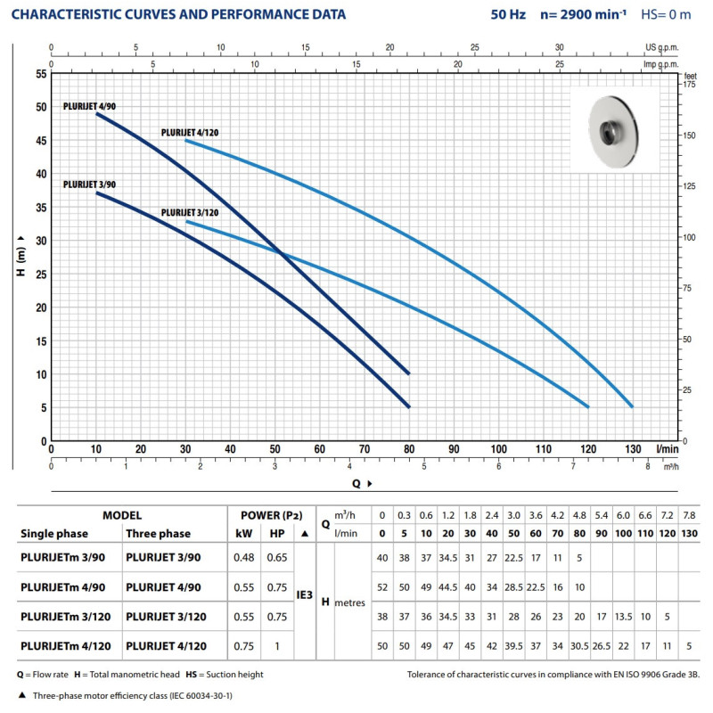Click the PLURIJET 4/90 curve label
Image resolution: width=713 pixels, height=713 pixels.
pos(89,106)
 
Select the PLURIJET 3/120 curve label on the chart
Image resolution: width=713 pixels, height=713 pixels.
pos(189,213)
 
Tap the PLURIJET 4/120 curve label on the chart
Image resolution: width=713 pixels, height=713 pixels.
pos(189,132)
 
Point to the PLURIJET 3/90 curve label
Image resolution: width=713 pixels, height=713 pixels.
pos(89,184)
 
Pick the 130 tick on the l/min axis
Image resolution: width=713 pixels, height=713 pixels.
pos(633,449)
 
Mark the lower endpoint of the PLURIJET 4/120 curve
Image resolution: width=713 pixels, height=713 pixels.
pos(632,406)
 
